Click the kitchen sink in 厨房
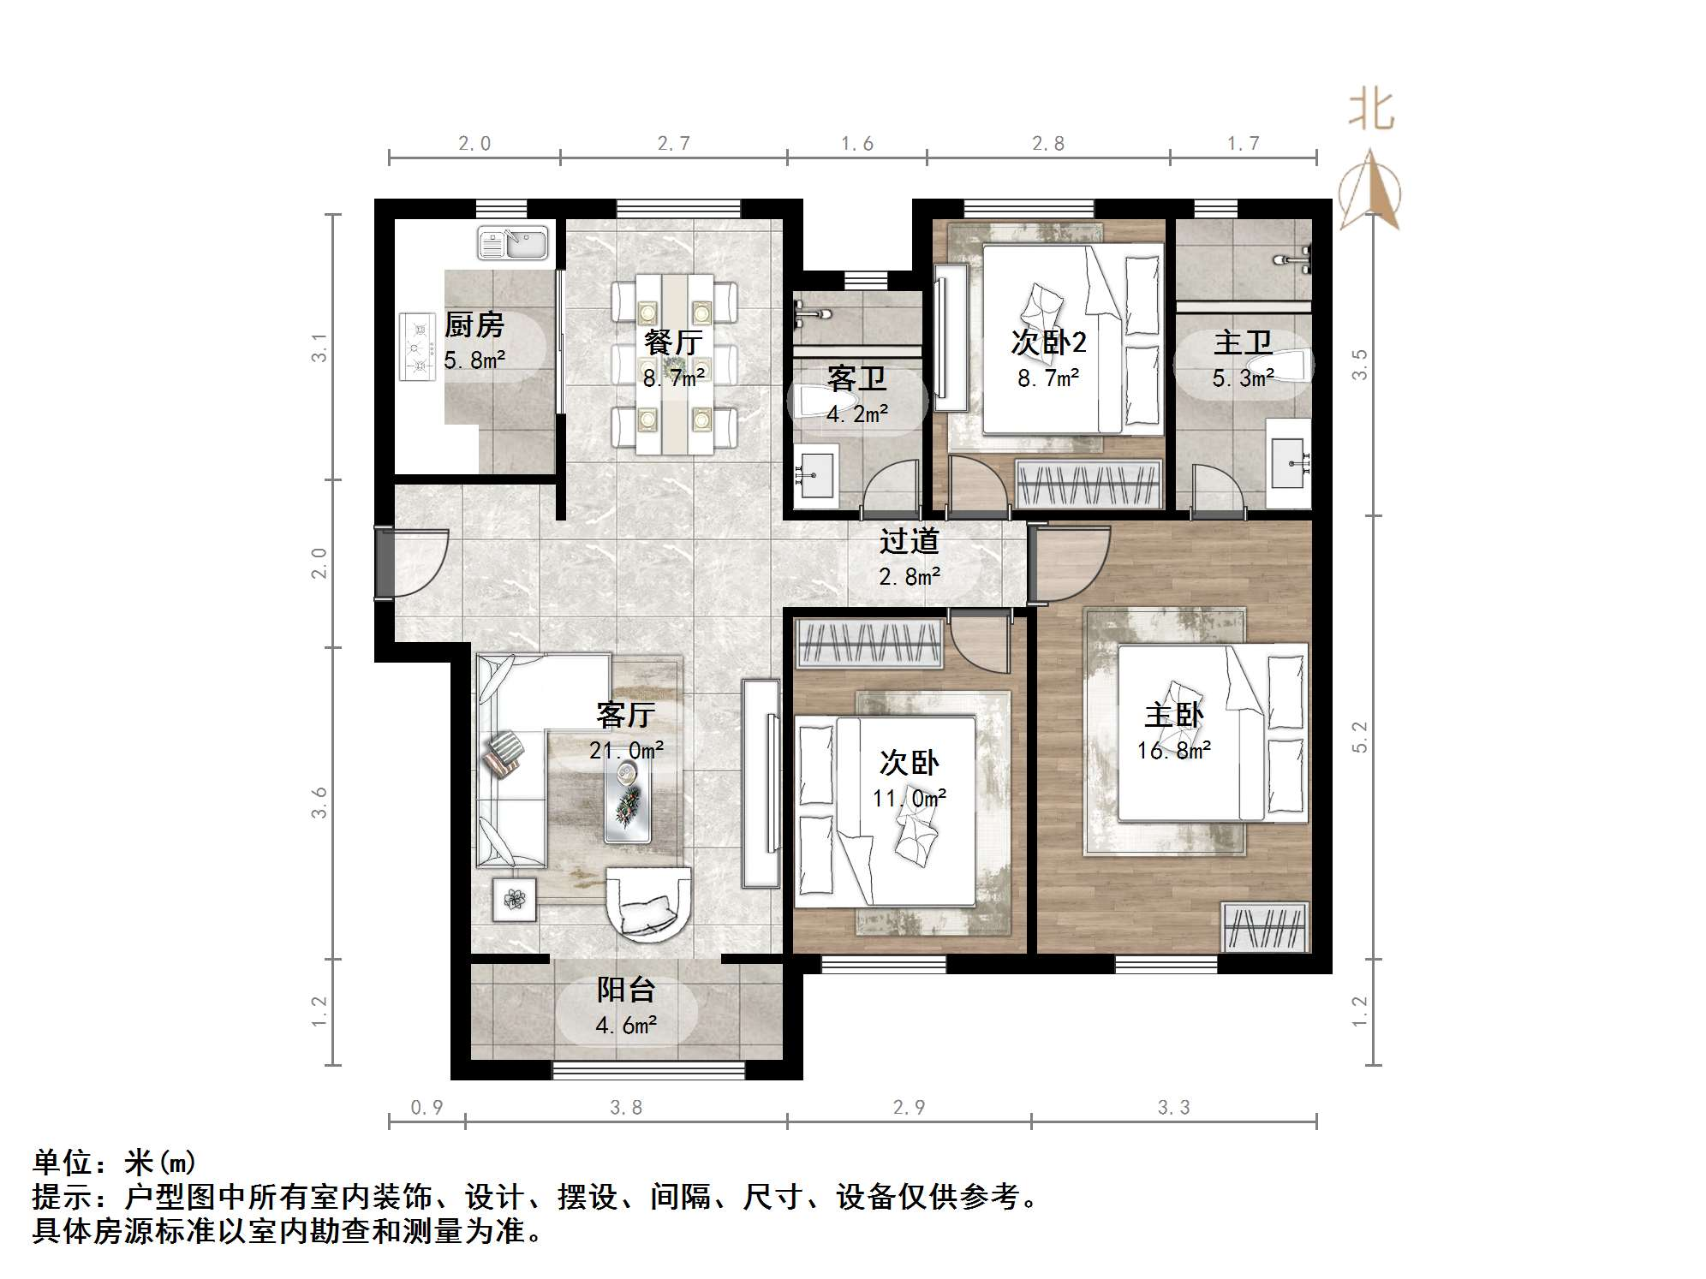[x=512, y=243]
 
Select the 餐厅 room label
[x=673, y=342]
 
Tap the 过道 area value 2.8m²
[x=909, y=576]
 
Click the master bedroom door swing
[x=1071, y=563]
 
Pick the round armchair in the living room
[x=648, y=904]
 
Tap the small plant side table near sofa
[x=514, y=899]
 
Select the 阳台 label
[x=626, y=990]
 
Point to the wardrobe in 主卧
[x=1266, y=926]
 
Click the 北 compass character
[x=1371, y=111]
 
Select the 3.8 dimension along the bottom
[x=626, y=1107]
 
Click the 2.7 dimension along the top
[x=673, y=144]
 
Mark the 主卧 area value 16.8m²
[x=1173, y=751]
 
